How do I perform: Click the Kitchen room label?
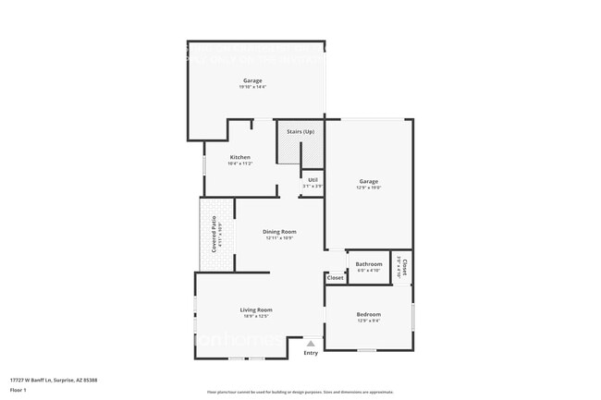239,157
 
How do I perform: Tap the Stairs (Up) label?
300,132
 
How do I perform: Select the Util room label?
313,179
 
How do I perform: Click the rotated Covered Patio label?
214,230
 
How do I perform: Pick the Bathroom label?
369,264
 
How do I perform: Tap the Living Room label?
256,309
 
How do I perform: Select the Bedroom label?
368,315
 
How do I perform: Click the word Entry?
311,352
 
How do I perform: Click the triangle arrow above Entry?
311,343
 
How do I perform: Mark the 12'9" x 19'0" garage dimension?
369,188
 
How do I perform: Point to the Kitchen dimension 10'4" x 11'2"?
239,164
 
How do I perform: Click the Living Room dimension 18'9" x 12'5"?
256,316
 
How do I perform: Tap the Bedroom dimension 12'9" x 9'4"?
368,321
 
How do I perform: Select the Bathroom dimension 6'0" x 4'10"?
369,271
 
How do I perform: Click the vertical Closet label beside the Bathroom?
404,267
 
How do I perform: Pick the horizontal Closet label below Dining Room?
335,277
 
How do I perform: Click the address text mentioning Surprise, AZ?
54,380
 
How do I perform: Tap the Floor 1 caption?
18,390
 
